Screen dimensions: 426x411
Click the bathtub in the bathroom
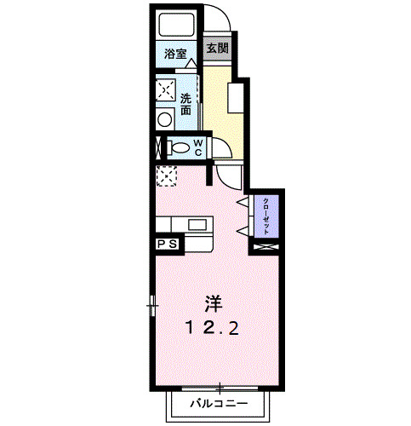[x=175, y=25]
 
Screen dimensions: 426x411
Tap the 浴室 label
[x=175, y=55]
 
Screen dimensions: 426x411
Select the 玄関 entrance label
[x=217, y=49]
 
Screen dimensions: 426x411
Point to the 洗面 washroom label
[x=186, y=104]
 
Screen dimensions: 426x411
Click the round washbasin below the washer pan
[x=164, y=120]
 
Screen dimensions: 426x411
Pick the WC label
[x=196, y=147]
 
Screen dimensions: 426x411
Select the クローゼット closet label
[x=265, y=217]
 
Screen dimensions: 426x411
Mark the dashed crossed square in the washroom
[x=164, y=89]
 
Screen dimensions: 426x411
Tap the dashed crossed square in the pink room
[x=165, y=176]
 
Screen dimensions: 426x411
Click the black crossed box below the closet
[x=265, y=247]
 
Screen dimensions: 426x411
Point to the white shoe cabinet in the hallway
[x=242, y=101]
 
